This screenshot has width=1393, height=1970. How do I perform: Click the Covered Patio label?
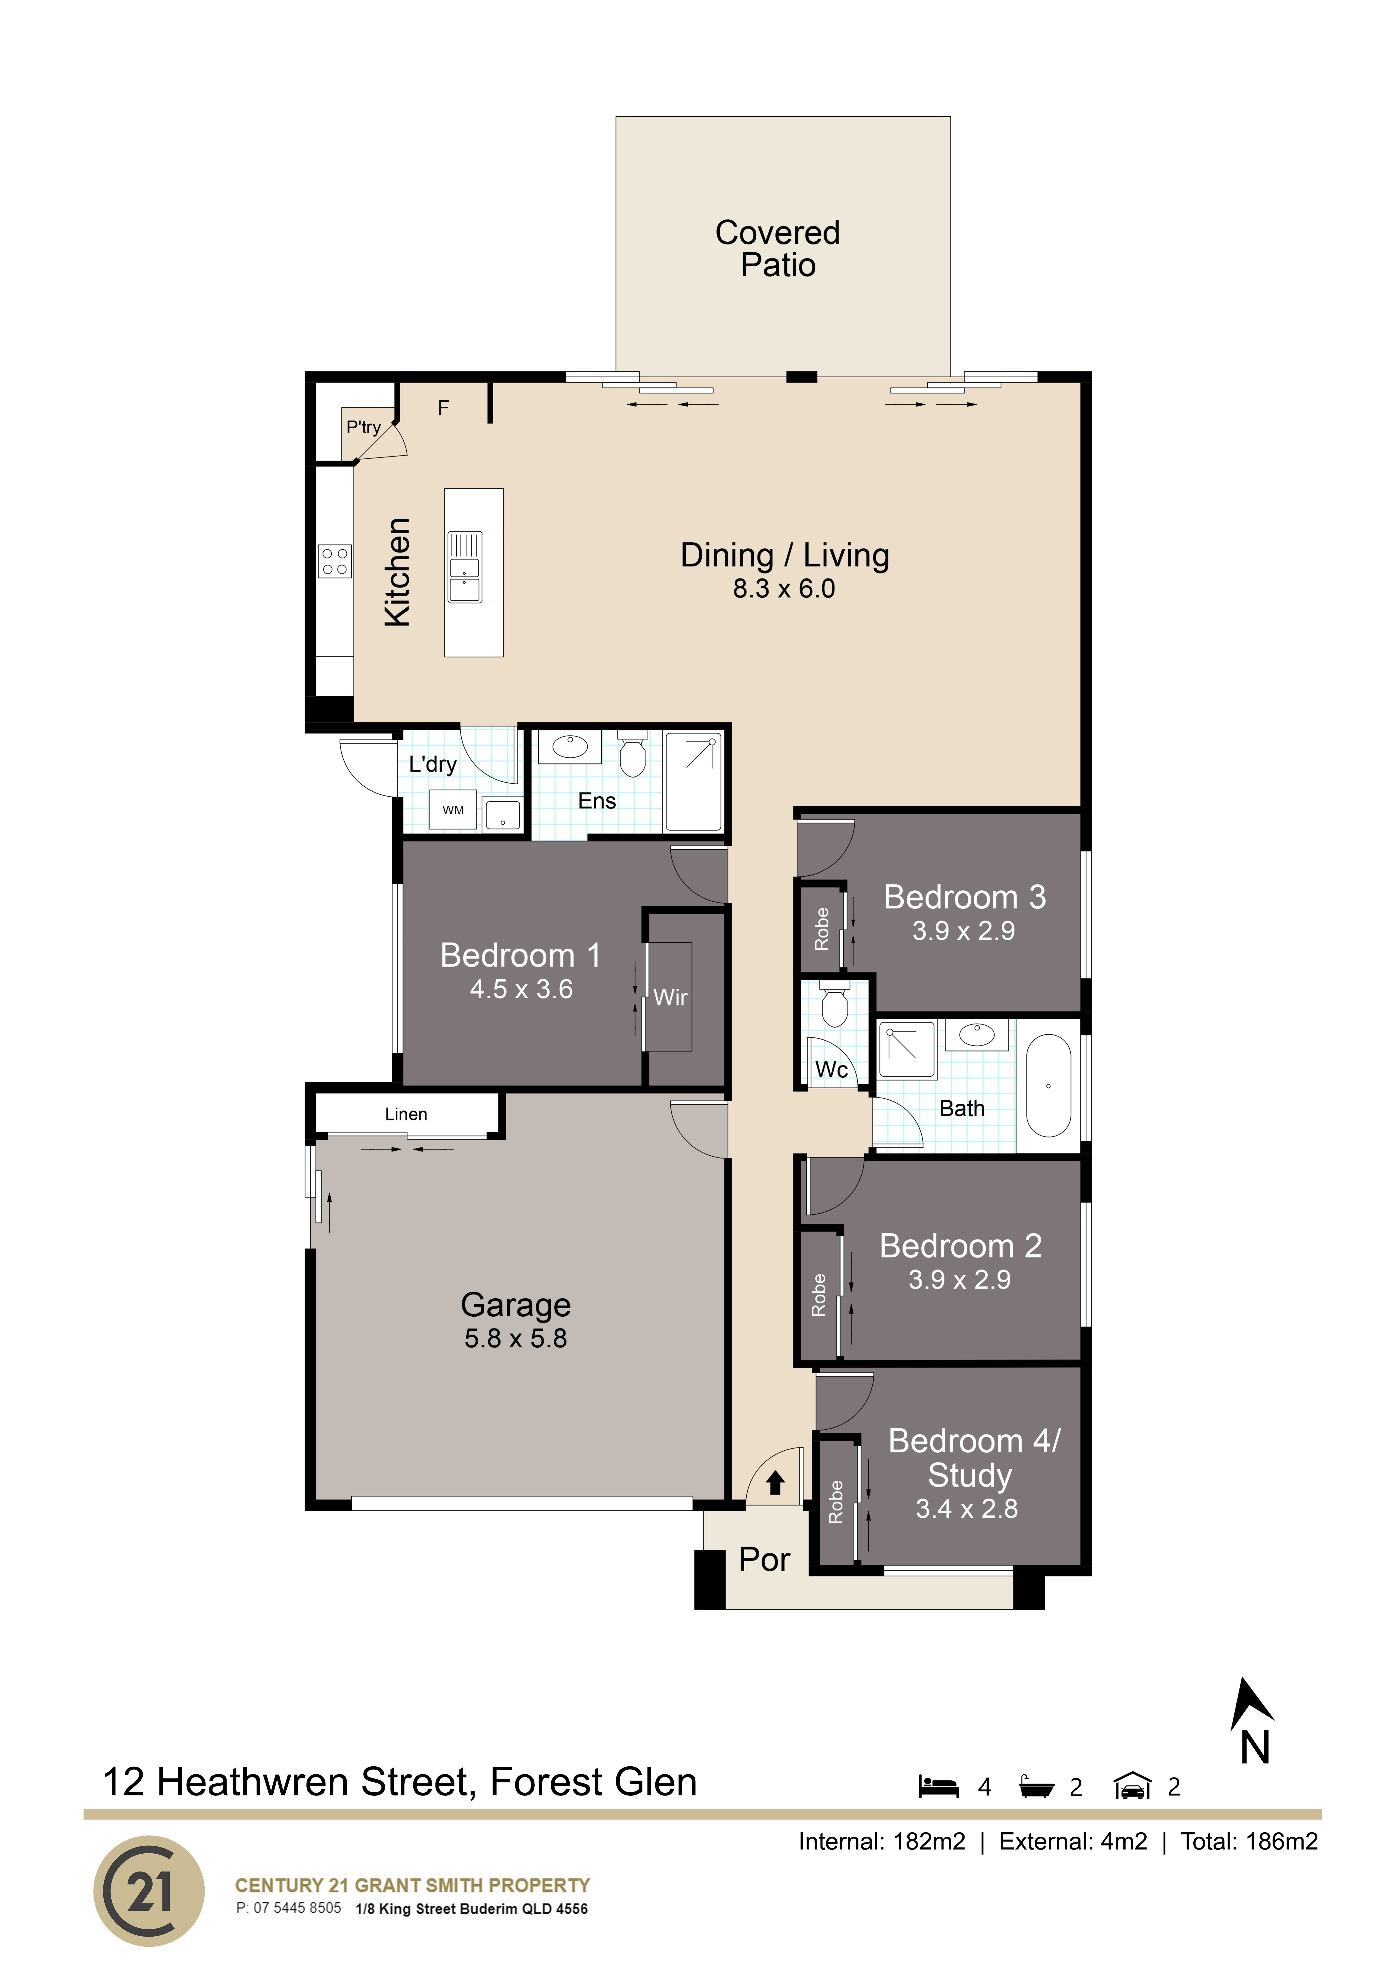point(778,249)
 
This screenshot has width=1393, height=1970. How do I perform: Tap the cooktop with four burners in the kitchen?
point(335,561)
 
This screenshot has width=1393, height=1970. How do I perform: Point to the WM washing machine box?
point(453,810)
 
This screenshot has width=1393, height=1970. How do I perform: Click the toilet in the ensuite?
point(632,753)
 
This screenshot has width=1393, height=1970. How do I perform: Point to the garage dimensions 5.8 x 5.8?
point(516,1339)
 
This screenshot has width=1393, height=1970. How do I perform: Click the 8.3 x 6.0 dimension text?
point(783,589)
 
